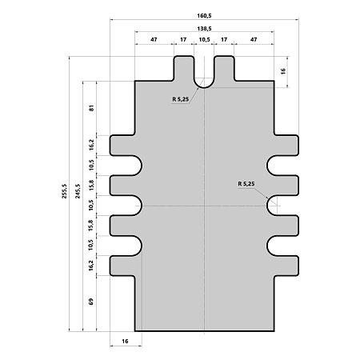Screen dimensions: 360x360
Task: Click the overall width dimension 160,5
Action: tap(204, 16)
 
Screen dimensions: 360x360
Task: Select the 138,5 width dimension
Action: tap(204, 29)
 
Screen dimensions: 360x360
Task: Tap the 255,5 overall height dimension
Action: tap(64, 191)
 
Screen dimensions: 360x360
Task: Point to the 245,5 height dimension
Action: tap(78, 191)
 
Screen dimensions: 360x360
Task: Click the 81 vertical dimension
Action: tap(92, 108)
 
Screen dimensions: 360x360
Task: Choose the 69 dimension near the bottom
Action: tap(91, 302)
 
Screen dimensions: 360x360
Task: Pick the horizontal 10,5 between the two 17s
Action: tap(204, 39)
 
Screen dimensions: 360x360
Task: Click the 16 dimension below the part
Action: tap(125, 341)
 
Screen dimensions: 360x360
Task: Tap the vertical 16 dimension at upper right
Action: tap(283, 71)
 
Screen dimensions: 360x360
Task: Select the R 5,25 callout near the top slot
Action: tap(181, 99)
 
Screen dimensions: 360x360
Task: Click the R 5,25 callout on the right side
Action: tap(246, 184)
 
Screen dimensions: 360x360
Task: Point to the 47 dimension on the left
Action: tap(154, 39)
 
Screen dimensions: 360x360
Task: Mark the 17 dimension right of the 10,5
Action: tap(224, 39)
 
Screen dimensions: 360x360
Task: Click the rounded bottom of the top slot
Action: tap(204, 87)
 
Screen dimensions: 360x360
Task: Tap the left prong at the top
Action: tap(184, 68)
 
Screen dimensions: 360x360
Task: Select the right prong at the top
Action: tap(224, 68)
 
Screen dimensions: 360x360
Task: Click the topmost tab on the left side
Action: tap(123, 146)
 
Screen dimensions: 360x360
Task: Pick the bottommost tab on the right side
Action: tap(286, 266)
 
